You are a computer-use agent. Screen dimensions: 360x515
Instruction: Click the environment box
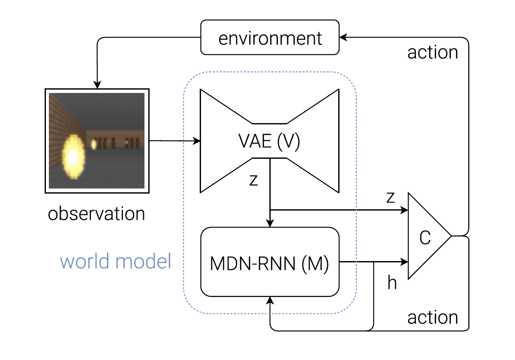pos(270,39)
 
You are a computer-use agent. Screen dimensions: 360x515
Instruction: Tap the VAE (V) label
pos(270,141)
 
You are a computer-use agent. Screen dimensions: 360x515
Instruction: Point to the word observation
pos(96,214)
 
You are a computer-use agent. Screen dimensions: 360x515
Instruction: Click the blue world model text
pos(116,261)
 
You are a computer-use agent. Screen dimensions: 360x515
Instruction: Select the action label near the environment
pos(433,52)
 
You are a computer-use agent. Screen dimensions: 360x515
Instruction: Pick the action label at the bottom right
pos(433,318)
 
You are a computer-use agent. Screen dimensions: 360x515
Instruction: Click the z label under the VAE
pos(254,180)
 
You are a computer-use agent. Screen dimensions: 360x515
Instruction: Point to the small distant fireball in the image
pos(93,144)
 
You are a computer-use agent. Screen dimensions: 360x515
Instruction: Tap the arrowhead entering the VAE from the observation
pos(197,141)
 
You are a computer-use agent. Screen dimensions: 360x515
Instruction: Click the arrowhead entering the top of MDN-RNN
pos(270,224)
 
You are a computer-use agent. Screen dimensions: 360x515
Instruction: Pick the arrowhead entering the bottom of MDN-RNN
pos(270,300)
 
